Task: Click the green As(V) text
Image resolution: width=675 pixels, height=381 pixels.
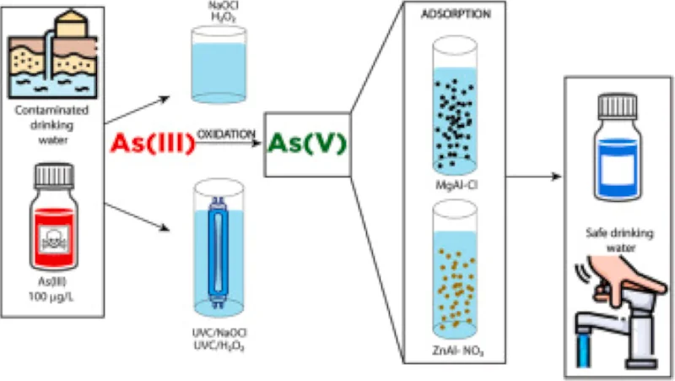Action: [x=305, y=144]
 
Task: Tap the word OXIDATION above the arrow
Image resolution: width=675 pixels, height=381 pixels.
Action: [x=227, y=134]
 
